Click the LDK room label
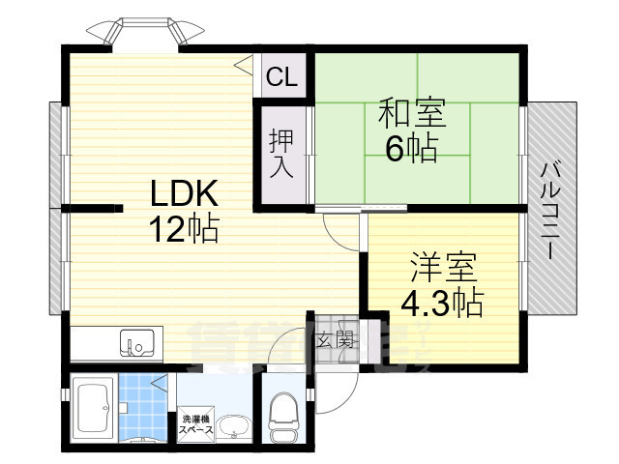[x=184, y=193]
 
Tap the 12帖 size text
[x=184, y=230]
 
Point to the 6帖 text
[x=412, y=149]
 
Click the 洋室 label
[x=443, y=265]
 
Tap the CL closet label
[x=281, y=76]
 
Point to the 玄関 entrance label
[x=334, y=340]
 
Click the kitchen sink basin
[x=136, y=342]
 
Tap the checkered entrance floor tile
[x=334, y=329]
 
